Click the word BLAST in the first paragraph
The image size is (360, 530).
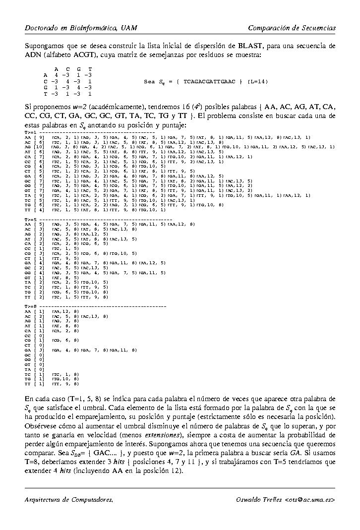[252, 46]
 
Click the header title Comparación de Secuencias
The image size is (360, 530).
[292, 28]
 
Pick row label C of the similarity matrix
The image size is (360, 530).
[46, 81]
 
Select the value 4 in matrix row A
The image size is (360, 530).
[57, 75]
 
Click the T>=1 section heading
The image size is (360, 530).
[30, 132]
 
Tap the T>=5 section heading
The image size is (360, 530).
[30, 219]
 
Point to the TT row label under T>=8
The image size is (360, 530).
[28, 384]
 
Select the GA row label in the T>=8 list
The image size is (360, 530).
[28, 350]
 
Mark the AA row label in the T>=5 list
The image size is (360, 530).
[28, 224]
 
